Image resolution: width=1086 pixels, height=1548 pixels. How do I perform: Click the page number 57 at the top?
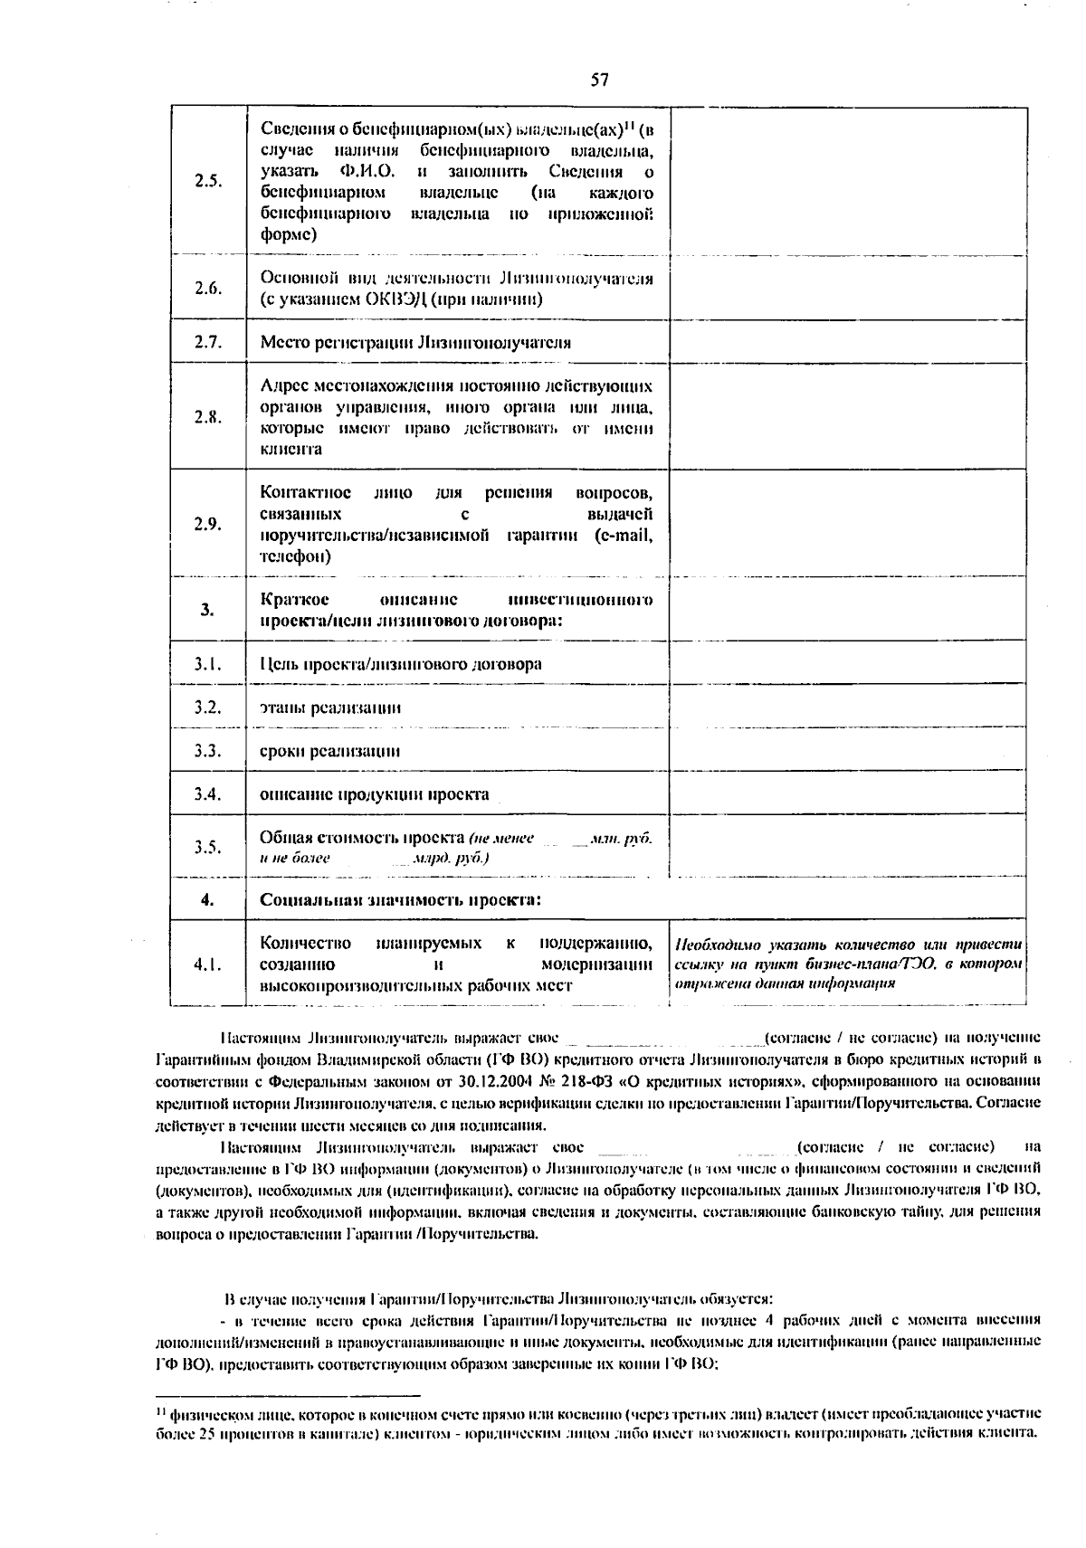pyautogui.click(x=599, y=81)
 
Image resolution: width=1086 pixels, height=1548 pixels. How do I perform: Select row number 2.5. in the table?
pyautogui.click(x=208, y=180)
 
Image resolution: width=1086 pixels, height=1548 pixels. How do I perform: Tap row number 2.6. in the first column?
pyautogui.click(x=208, y=288)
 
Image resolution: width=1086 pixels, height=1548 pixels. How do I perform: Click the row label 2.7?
pyautogui.click(x=208, y=342)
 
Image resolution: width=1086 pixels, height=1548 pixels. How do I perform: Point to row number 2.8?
pyautogui.click(x=208, y=417)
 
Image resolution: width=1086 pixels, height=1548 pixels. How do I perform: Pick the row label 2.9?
pyautogui.click(x=208, y=524)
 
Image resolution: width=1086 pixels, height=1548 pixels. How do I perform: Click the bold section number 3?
pyautogui.click(x=208, y=609)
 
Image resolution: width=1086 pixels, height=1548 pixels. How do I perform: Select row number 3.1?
pyautogui.click(x=208, y=664)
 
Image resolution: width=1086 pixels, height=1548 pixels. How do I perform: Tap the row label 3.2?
pyautogui.click(x=208, y=707)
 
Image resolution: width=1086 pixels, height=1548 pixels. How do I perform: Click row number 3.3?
pyautogui.click(x=208, y=750)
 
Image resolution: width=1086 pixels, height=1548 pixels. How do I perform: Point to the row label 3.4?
pyautogui.click(x=208, y=793)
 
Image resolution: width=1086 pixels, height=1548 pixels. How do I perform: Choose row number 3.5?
pyautogui.click(x=208, y=847)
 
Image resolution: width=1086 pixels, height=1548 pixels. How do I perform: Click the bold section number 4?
pyautogui.click(x=208, y=899)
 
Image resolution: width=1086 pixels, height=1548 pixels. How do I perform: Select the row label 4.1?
pyautogui.click(x=208, y=964)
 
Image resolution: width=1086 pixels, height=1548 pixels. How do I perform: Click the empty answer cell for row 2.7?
pyautogui.click(x=848, y=342)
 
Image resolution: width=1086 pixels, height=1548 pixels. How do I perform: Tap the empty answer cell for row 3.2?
pyautogui.click(x=848, y=707)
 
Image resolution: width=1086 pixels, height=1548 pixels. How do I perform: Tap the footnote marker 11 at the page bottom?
pyautogui.click(x=160, y=1410)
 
